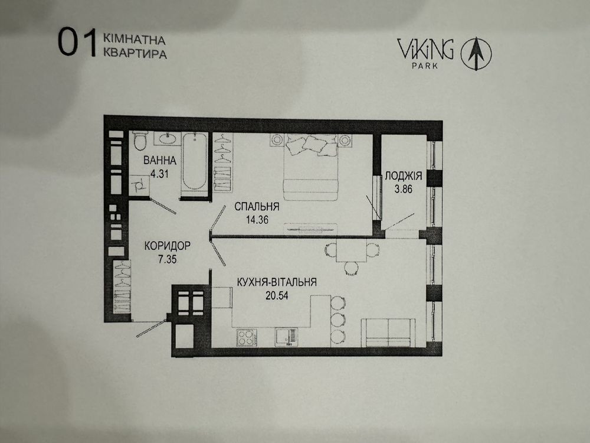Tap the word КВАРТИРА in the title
pos(135,53)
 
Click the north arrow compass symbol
pos(476,54)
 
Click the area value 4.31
pos(159,174)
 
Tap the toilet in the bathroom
pos(140,141)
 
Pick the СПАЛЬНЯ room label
pos(256,206)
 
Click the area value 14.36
pos(256,219)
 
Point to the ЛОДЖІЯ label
pos(403,175)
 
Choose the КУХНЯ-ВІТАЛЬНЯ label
pos(276,282)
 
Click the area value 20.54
pos(276,295)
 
